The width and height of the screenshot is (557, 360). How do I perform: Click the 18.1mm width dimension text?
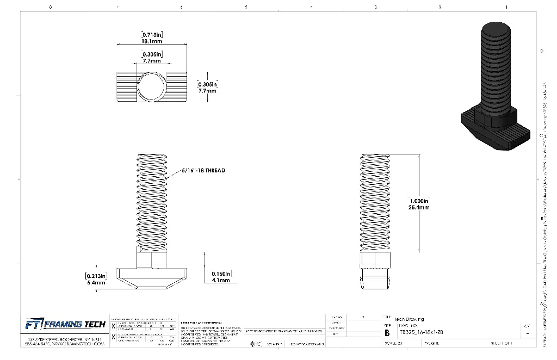point(152,41)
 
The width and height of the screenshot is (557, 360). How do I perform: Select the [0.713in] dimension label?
point(152,35)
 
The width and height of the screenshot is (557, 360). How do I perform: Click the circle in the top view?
point(150,86)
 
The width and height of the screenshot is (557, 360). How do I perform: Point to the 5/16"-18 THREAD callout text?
point(203,170)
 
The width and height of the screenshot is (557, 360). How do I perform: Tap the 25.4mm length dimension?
point(419,207)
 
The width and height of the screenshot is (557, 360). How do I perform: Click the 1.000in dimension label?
point(419,201)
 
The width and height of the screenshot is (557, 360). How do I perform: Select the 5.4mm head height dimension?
point(96,282)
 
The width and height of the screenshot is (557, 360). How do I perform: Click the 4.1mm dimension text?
point(221,280)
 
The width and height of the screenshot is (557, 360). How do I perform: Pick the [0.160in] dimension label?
point(221,273)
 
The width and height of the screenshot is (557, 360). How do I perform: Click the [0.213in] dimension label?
point(96,275)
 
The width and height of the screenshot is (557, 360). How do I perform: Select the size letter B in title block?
point(387,333)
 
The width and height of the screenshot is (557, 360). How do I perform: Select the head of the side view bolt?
point(375,277)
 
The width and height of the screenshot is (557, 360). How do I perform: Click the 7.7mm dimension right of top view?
point(207,91)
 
